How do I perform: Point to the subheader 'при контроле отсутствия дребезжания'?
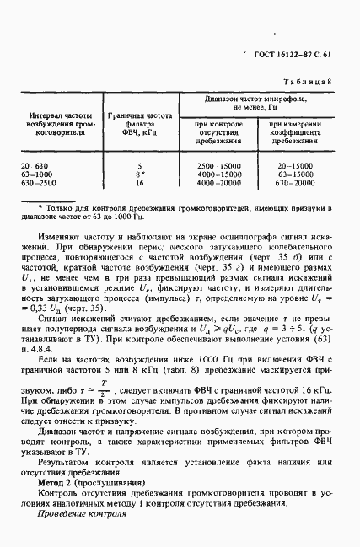point(218,133)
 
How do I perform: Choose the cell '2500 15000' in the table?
point(218,166)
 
